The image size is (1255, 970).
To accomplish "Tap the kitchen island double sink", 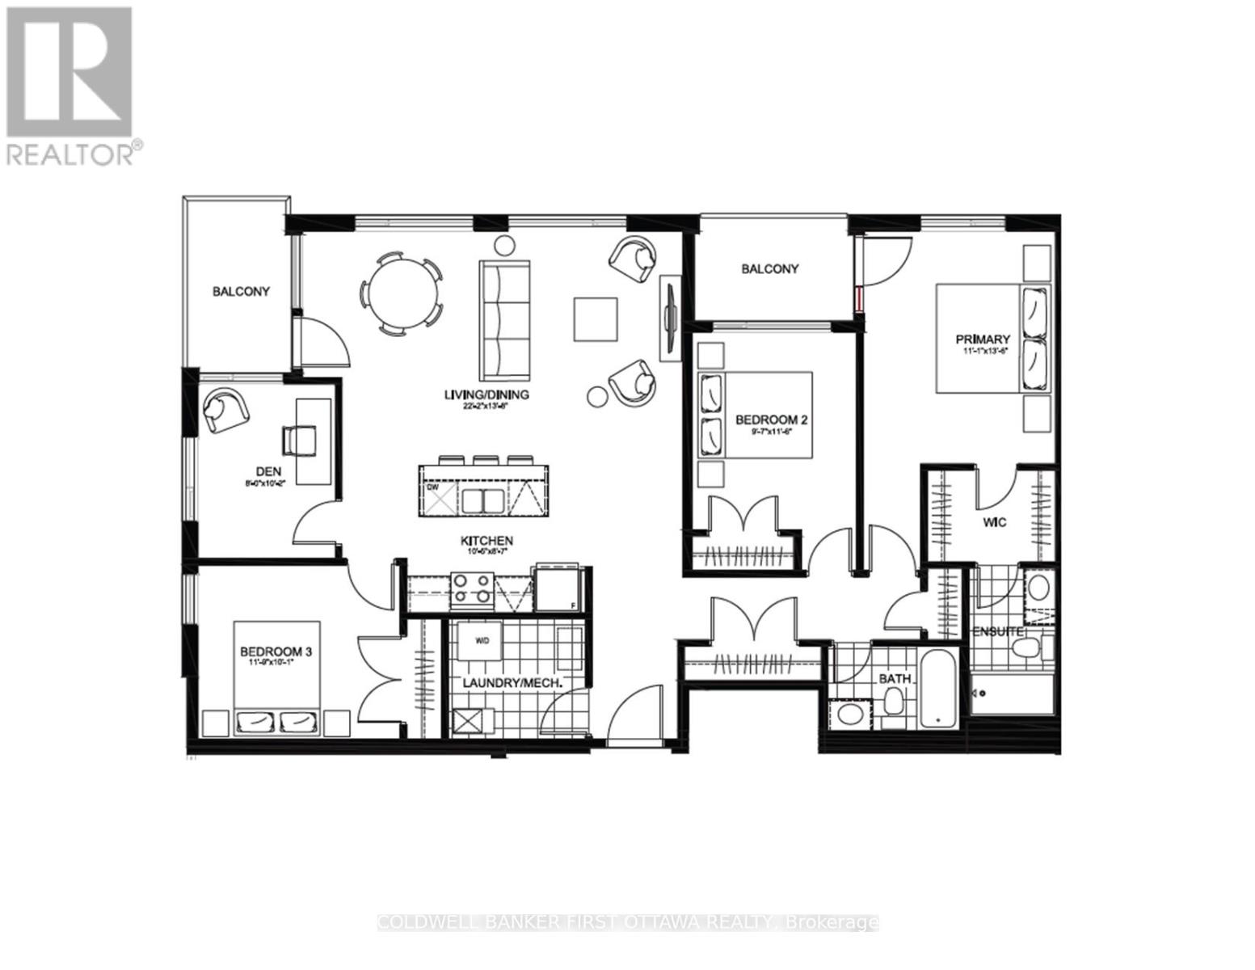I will click(x=482, y=501).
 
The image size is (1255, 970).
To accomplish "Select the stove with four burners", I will click(x=473, y=588).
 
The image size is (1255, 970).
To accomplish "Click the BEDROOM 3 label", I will click(x=276, y=651).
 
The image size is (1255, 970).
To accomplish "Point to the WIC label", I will click(x=995, y=523).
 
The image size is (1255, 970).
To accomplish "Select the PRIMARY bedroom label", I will click(x=982, y=339).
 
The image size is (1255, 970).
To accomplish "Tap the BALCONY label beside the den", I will click(x=241, y=291).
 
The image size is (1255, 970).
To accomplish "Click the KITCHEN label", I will click(x=487, y=541).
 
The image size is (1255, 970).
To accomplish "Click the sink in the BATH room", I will click(x=849, y=714).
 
